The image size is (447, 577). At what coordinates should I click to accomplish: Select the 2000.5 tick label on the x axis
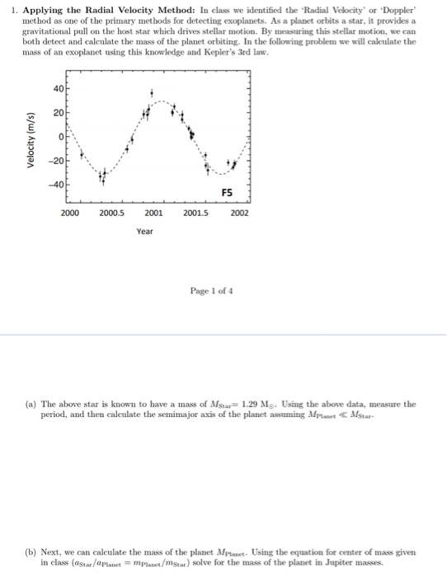click(111, 213)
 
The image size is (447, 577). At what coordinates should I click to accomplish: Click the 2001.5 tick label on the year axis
click(196, 213)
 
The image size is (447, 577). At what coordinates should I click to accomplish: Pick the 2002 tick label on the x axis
click(240, 213)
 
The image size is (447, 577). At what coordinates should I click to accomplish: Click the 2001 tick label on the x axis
click(153, 213)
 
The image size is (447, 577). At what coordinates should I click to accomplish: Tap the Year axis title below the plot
click(144, 232)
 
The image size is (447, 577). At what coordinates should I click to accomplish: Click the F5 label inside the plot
click(227, 191)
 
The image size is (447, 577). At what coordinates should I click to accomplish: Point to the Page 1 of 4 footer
click(212, 291)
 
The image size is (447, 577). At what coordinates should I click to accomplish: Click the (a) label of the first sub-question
click(31, 405)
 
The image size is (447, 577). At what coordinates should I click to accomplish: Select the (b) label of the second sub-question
click(31, 551)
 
